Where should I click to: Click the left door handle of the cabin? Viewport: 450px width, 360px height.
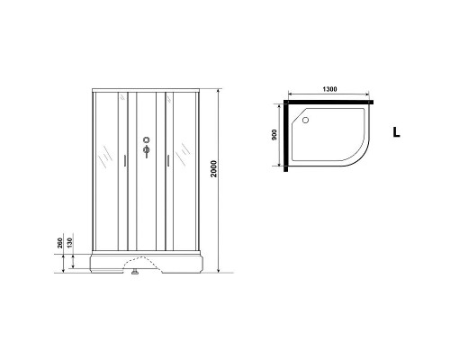(x=124, y=163)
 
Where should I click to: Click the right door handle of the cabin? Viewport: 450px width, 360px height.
(x=164, y=163)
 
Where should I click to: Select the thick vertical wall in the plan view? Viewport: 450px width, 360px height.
(x=287, y=135)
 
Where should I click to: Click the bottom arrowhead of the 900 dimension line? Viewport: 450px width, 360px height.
(x=280, y=167)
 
